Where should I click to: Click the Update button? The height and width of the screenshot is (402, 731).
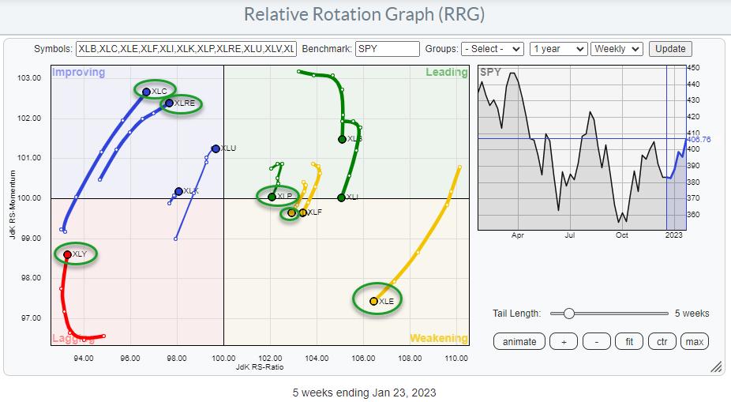click(670, 49)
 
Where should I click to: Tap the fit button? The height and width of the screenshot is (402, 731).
click(628, 341)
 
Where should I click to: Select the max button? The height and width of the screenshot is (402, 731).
click(695, 341)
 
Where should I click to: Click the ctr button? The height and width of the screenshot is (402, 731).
click(662, 341)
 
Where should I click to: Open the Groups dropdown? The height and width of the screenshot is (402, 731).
click(493, 49)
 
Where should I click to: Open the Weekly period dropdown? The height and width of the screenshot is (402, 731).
click(618, 49)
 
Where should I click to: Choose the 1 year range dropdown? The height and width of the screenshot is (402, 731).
click(559, 49)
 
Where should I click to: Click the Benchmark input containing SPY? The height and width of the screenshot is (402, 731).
click(387, 49)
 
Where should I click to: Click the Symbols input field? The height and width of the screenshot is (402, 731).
click(186, 49)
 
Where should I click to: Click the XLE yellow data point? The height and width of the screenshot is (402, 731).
click(373, 301)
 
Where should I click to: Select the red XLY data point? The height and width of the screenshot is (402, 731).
click(67, 254)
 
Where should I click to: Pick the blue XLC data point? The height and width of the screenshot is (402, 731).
click(146, 92)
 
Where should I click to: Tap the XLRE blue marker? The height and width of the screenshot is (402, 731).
click(169, 103)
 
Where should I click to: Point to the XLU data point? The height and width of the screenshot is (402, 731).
click(216, 148)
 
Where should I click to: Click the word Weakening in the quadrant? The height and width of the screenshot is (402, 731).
click(438, 339)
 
